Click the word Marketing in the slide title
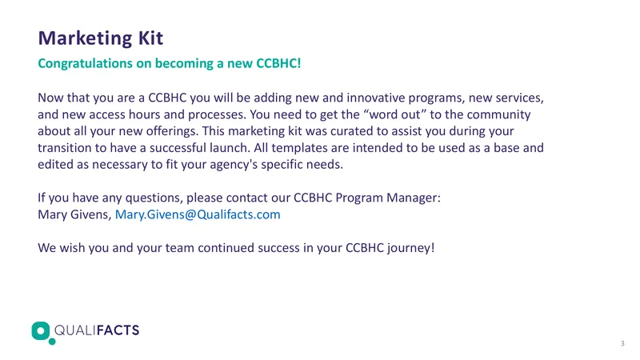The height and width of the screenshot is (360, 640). click(x=85, y=38)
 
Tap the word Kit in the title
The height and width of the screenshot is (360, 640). click(x=150, y=38)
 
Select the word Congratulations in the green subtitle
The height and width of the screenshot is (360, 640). click(x=85, y=64)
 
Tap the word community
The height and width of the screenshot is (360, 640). click(x=498, y=115)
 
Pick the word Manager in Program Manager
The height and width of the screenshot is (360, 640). click(x=414, y=198)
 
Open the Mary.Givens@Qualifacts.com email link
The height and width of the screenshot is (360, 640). click(x=198, y=214)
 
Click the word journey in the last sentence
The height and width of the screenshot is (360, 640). click(x=411, y=248)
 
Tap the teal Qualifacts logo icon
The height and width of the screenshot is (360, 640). click(x=42, y=332)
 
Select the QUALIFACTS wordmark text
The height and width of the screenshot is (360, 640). click(x=97, y=330)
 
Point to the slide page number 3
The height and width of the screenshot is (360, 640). click(x=622, y=344)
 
